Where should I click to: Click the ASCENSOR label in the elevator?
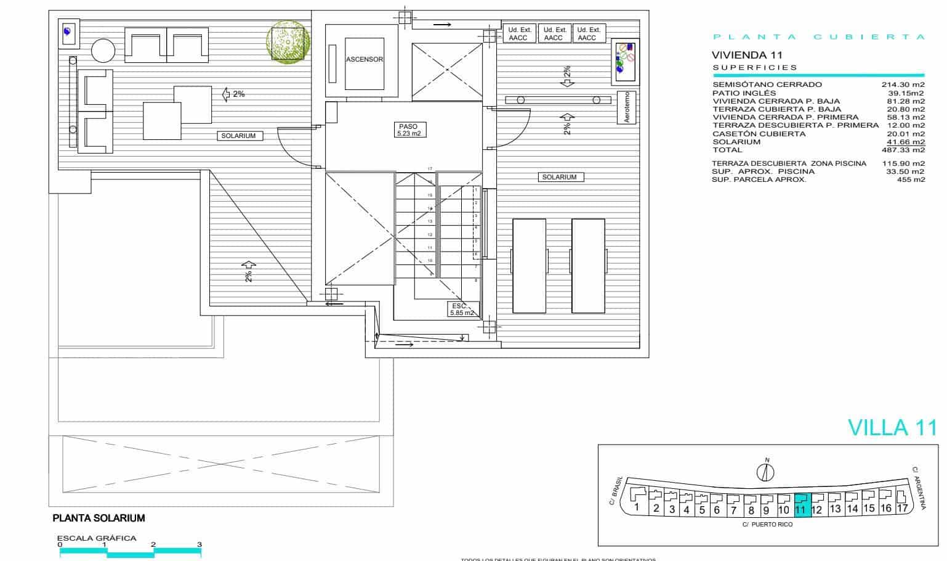pos(365,60)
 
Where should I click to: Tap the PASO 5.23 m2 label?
pos(409,129)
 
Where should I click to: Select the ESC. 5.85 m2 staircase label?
pos(462,309)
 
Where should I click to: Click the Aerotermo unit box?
pos(626,108)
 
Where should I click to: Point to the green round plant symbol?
pos(286,42)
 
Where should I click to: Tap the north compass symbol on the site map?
pos(766,472)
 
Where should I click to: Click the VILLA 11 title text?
pos(892,427)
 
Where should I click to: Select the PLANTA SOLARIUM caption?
pos(99,518)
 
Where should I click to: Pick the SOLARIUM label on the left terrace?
pos(239,136)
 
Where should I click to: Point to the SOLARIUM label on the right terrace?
pos(559,177)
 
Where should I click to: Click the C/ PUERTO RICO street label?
pos(767,525)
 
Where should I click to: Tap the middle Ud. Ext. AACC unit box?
pos(554,33)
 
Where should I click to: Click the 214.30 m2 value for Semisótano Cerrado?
pos(903,84)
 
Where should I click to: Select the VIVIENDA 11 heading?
pos(747,55)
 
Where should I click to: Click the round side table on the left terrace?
pos(103,50)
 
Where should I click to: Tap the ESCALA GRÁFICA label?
pos(97,538)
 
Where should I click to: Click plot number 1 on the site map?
pos(637,507)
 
